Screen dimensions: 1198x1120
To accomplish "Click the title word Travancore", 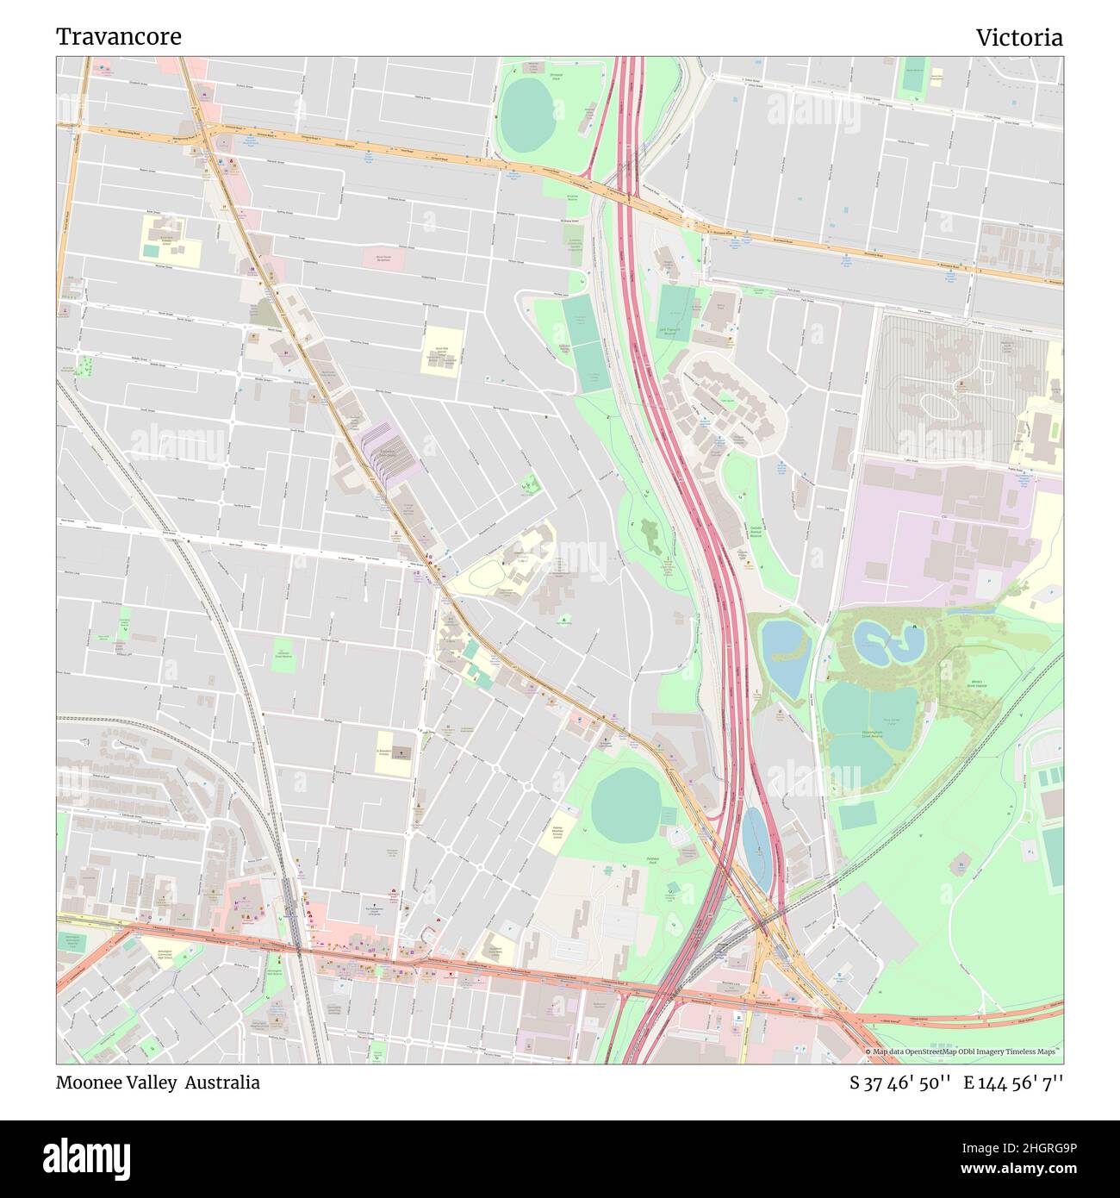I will tap(119, 37).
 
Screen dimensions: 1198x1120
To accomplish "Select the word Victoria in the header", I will tap(1018, 37).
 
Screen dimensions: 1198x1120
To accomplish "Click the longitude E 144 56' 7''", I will tap(1013, 1083).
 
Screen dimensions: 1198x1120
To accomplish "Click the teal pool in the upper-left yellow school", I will tap(152, 251).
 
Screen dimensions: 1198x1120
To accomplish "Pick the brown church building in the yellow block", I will tap(401, 752).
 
